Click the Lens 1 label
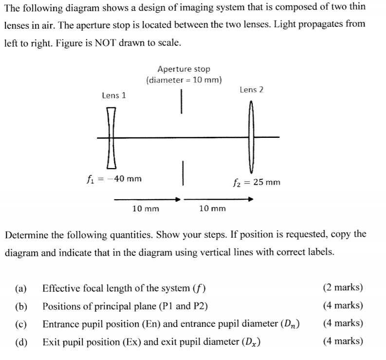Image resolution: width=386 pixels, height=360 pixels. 113,95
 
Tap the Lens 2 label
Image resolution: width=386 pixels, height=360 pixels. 251,90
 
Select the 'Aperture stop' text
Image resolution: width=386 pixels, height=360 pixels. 184,70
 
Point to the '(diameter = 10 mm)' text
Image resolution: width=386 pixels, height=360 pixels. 184,79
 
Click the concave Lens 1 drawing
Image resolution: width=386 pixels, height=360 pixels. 111,137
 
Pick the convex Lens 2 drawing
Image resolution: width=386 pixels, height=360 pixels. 251,137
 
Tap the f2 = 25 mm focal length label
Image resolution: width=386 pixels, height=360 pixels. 257,182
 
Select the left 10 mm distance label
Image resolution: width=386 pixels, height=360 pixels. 146,209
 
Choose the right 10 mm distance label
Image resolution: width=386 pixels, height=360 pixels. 213,209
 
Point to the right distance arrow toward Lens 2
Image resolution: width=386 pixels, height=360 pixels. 219,199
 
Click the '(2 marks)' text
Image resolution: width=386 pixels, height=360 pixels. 343,287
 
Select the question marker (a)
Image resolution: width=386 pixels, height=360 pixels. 20,288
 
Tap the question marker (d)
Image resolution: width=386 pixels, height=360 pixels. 20,341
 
